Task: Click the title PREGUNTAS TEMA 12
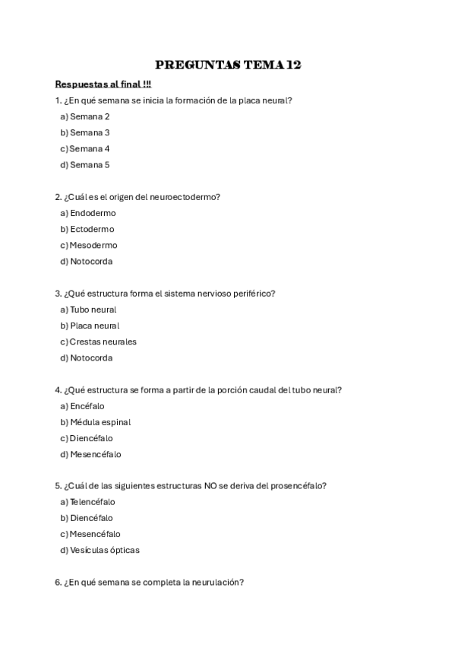[x=228, y=65]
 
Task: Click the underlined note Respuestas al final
[x=103, y=84]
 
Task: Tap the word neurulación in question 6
[x=220, y=583]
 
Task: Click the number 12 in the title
[x=292, y=65]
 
